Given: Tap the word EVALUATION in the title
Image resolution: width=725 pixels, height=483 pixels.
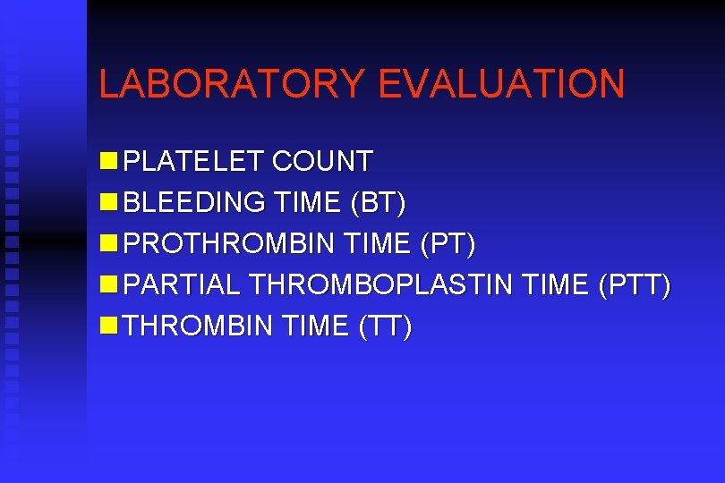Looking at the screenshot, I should (x=501, y=83).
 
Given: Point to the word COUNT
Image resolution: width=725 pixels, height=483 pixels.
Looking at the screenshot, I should (x=322, y=162).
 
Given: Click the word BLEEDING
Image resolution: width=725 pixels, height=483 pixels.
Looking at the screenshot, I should (x=194, y=203).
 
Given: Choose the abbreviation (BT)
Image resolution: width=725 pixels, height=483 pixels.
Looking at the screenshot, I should (x=379, y=203).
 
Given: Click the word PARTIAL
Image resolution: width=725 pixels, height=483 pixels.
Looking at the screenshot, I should (x=182, y=285).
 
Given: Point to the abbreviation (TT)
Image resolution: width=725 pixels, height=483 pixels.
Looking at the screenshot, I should (x=385, y=326).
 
